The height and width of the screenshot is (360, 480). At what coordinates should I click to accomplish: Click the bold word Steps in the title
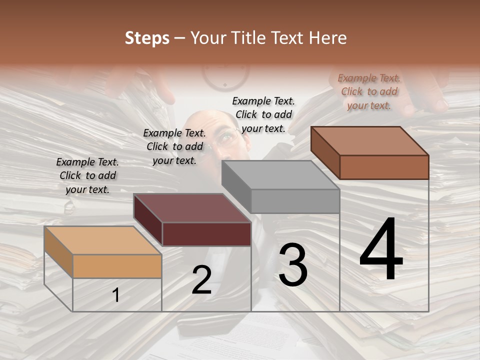click(147, 38)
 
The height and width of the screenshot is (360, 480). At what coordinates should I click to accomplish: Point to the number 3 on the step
click(293, 265)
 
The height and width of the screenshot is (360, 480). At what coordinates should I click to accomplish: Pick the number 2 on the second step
click(201, 280)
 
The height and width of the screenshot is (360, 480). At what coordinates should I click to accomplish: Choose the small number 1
click(116, 295)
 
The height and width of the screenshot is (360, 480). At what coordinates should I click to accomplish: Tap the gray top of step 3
click(280, 175)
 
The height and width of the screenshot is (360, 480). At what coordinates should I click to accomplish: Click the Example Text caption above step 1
click(87, 175)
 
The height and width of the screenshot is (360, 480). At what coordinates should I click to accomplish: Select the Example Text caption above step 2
click(174, 146)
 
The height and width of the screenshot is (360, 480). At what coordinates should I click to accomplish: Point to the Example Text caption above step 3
click(263, 114)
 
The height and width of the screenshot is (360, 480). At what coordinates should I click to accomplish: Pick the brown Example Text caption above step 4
click(369, 91)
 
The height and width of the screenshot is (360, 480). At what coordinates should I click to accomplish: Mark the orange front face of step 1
click(117, 266)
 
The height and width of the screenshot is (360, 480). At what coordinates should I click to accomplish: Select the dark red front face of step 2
click(206, 234)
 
